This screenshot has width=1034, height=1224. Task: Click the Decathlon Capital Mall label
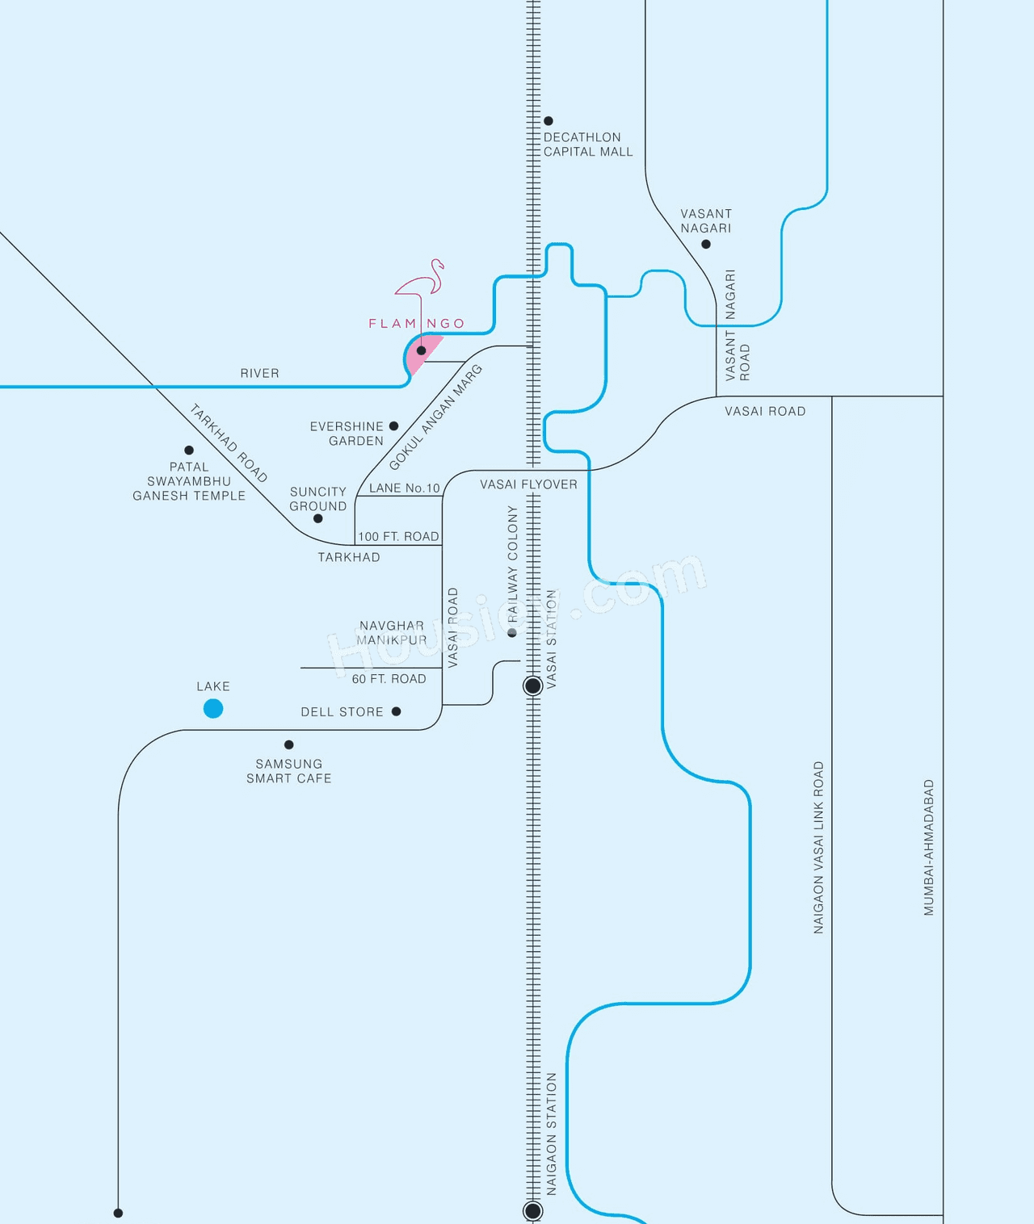(x=587, y=145)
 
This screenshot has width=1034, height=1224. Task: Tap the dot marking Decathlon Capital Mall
(x=549, y=121)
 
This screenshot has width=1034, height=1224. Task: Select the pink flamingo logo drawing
(x=422, y=279)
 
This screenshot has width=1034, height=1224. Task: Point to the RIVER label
(x=259, y=373)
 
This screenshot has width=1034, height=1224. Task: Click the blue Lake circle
(x=213, y=709)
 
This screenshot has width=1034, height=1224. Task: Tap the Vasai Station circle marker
(x=533, y=686)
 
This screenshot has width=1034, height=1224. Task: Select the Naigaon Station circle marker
(x=533, y=1210)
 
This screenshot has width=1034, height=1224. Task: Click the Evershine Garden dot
(x=394, y=426)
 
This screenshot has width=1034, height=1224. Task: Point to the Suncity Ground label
(x=318, y=499)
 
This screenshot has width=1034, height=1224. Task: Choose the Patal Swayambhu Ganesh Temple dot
(x=189, y=451)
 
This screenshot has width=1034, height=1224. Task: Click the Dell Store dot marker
(x=397, y=712)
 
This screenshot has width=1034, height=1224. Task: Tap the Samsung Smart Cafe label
(x=289, y=771)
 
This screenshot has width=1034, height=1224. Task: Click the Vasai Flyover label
(x=528, y=484)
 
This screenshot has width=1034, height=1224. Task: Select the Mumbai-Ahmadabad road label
(x=929, y=848)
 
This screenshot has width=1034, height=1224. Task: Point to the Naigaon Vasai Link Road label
(x=819, y=848)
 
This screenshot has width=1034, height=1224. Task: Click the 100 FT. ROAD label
(x=398, y=536)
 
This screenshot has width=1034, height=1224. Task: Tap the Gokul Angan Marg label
(x=435, y=417)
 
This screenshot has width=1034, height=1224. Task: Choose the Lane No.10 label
(x=404, y=488)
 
